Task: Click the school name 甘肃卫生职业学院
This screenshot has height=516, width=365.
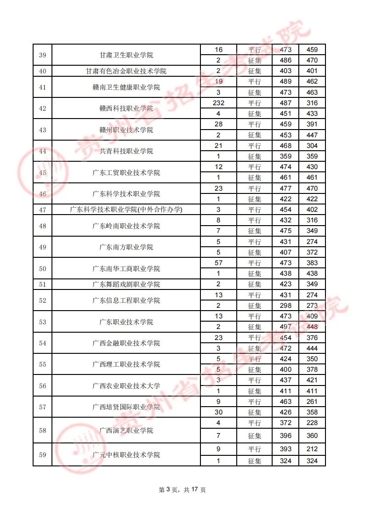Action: [x=126, y=55]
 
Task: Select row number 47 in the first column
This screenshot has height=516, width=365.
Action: [x=43, y=210]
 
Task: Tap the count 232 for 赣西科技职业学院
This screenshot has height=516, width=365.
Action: [x=218, y=103]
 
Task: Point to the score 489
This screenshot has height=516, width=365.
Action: [x=285, y=81]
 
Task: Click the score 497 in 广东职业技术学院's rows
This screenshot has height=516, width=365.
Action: [x=285, y=327]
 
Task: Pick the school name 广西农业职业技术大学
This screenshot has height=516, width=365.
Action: [x=126, y=386]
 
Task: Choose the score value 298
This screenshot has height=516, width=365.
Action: [x=285, y=306]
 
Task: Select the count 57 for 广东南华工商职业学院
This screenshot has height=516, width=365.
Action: [x=218, y=263]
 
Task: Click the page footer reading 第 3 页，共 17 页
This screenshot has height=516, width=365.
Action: [x=182, y=490]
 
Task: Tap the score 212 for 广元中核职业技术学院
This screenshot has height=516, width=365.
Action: [x=312, y=449]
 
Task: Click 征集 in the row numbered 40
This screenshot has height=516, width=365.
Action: [x=255, y=71]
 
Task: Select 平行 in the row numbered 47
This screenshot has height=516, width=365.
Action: [x=255, y=210]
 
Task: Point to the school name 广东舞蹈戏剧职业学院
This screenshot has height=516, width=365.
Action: [x=126, y=284]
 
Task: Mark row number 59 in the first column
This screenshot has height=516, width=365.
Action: [x=43, y=455]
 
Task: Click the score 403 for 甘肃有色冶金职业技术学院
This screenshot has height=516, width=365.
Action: [x=285, y=71]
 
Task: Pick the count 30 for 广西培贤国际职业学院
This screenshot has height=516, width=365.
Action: [x=218, y=412]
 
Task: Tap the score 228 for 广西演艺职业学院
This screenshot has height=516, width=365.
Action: [x=312, y=423]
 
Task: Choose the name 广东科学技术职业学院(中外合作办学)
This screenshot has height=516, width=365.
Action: [x=126, y=210]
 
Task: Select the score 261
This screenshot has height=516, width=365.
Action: [x=312, y=402]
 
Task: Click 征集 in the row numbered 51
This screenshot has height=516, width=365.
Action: [x=255, y=284]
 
